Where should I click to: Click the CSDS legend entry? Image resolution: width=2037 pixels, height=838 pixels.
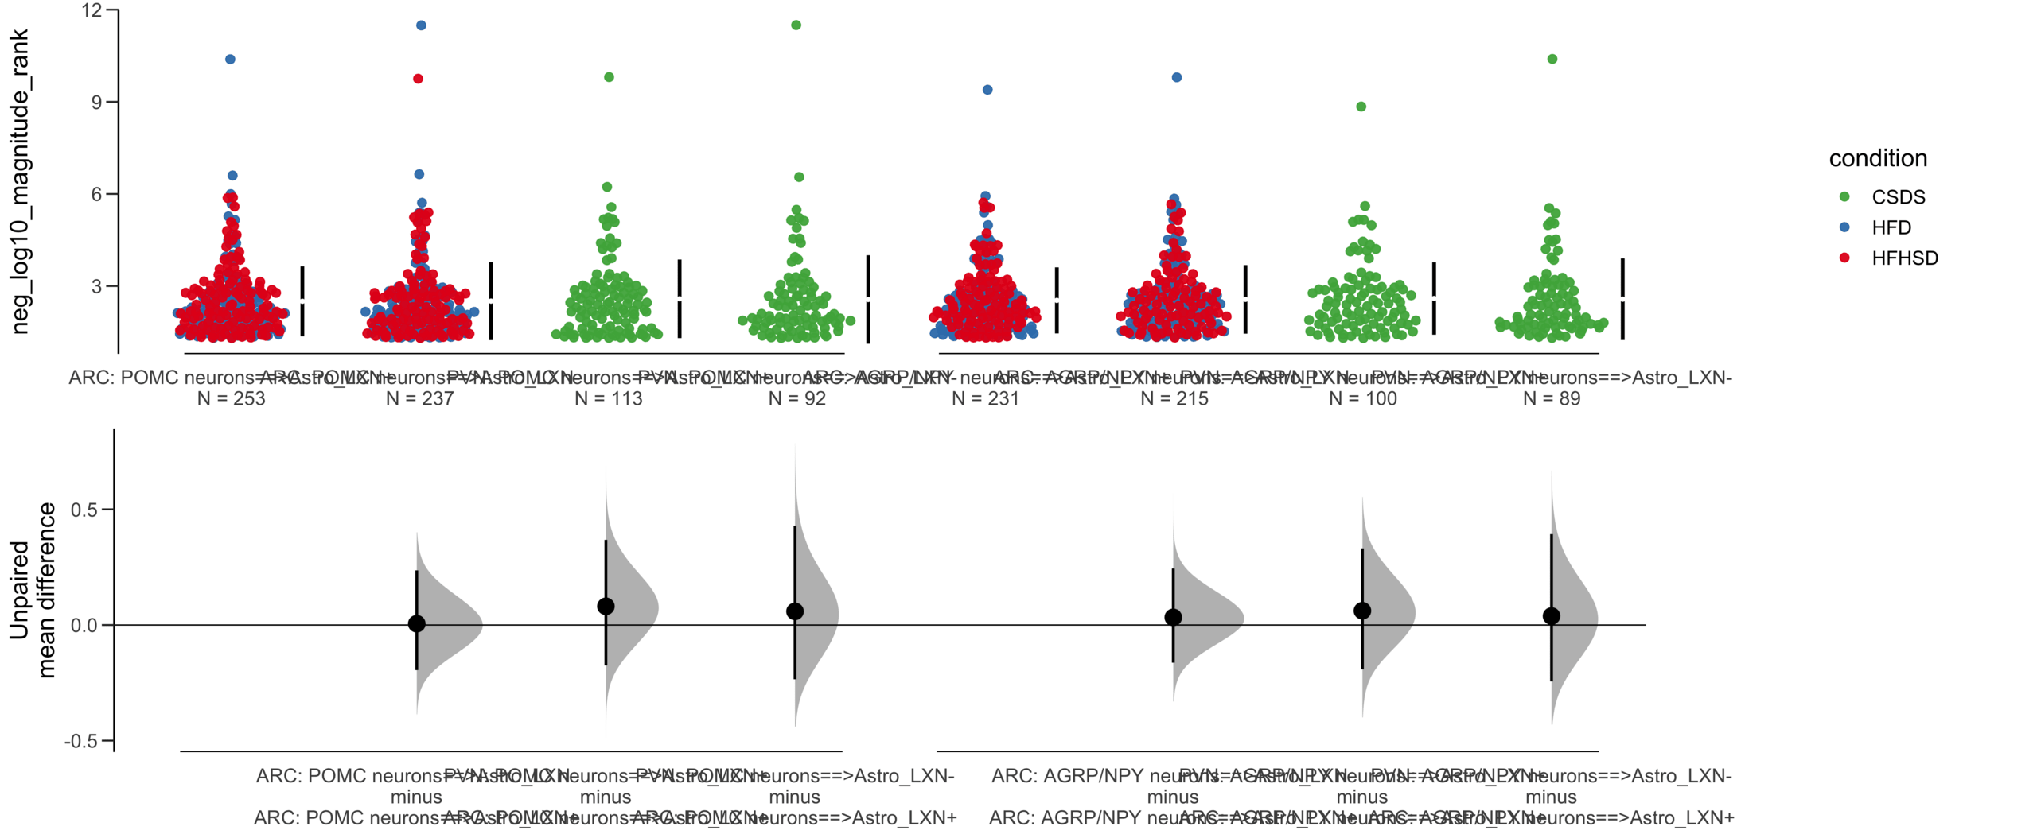(1897, 197)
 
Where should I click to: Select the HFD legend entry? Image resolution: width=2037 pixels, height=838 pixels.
(1891, 227)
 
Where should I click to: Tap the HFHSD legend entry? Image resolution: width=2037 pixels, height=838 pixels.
(1904, 258)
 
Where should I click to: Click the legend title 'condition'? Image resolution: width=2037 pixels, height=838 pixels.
(1877, 158)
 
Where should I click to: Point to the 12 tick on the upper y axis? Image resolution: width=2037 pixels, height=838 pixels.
(92, 10)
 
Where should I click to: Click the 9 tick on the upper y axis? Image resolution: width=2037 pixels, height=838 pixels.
(96, 102)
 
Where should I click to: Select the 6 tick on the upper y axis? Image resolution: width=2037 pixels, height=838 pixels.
(96, 194)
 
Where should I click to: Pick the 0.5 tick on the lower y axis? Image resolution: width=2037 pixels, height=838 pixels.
(84, 510)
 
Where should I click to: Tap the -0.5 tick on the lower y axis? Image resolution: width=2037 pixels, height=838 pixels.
(80, 741)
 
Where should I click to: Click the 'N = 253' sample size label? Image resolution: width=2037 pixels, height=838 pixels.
(231, 398)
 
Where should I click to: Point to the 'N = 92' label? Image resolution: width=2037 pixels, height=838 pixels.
(796, 398)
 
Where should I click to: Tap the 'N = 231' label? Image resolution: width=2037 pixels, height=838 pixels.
(985, 398)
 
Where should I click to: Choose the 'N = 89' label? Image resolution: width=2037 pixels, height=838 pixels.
(1551, 398)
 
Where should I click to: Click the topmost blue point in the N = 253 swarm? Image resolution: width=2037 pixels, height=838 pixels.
(230, 59)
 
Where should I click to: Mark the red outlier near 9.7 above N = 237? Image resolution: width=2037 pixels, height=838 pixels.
(418, 79)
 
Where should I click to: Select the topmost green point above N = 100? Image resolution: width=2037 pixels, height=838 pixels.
(1361, 107)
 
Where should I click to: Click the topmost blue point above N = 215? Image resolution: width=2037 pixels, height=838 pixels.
(1176, 77)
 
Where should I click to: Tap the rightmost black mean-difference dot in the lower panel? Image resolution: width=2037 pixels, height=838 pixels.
(1551, 616)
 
